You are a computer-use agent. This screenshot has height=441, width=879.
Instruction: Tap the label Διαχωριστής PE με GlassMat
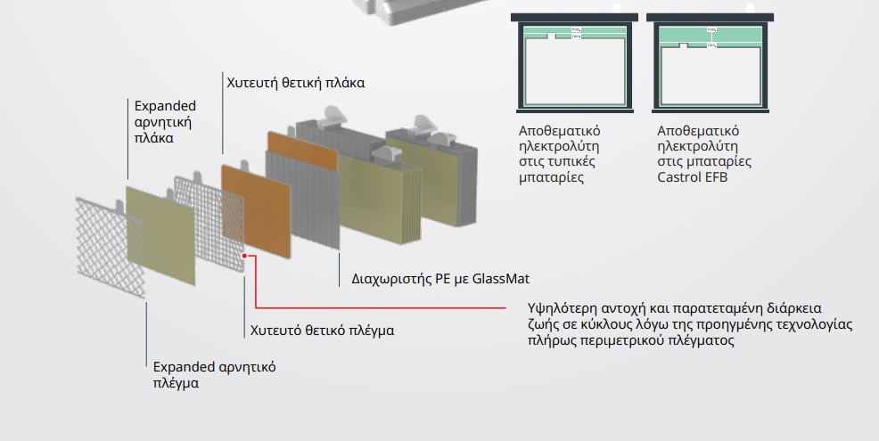(x=434, y=279)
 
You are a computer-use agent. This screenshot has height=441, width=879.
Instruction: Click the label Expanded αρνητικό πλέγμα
(x=214, y=374)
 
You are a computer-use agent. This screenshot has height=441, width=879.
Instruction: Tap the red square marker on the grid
(x=247, y=257)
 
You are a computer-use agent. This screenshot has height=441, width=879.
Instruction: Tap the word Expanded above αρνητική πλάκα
(x=165, y=106)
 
